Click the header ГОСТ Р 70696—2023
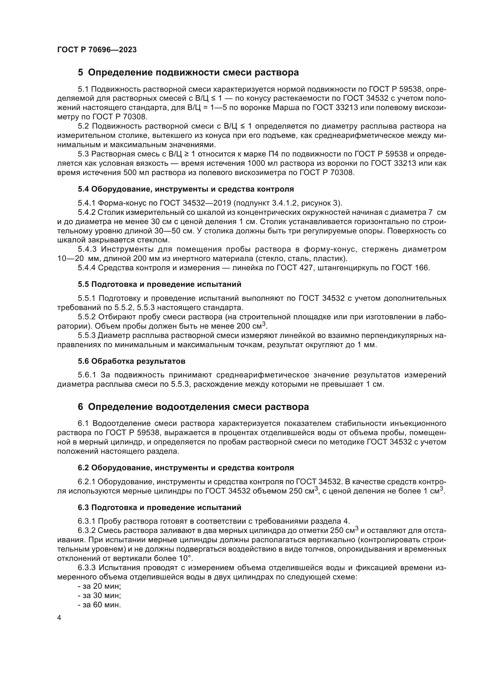[97, 50]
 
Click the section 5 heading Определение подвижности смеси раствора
[188, 73]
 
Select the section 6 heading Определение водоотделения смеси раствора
[193, 407]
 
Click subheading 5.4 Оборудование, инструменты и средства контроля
[186, 189]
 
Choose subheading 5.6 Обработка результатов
[131, 361]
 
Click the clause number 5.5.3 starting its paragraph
[86, 336]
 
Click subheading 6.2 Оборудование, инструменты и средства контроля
[186, 468]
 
